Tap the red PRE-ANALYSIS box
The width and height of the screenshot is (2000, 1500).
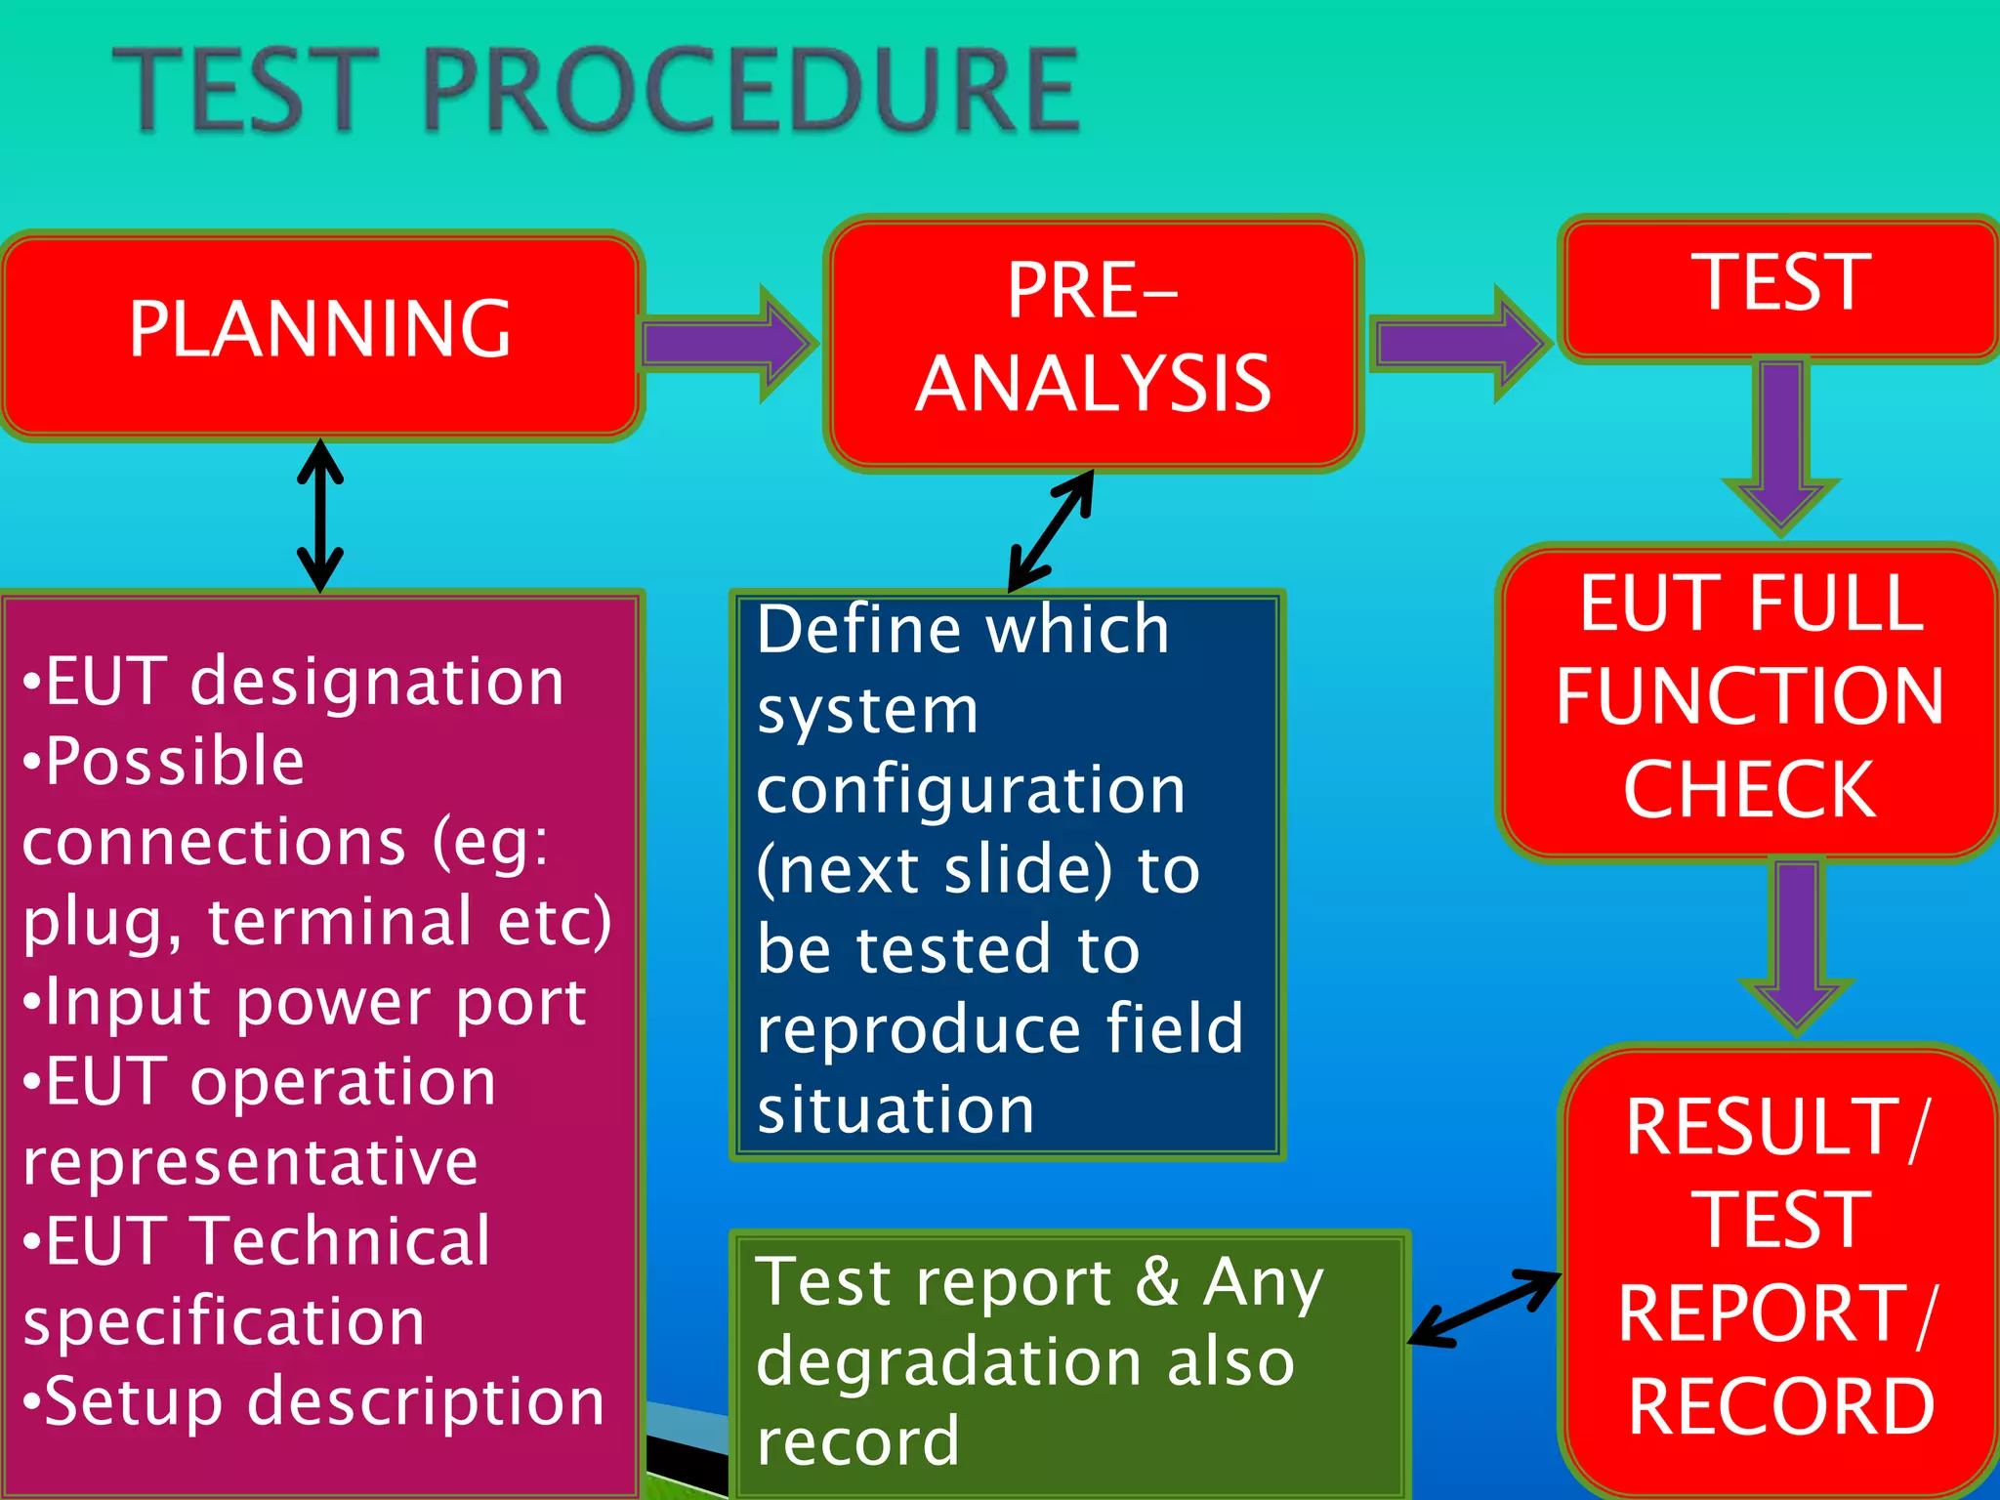(1094, 342)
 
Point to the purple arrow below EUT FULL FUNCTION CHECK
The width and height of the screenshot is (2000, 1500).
(1797, 942)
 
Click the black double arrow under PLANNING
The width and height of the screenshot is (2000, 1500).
(320, 516)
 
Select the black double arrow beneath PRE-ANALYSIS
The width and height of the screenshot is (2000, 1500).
(1051, 530)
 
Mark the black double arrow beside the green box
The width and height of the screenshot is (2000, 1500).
(1484, 1309)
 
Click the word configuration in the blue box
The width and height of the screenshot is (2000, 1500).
(971, 791)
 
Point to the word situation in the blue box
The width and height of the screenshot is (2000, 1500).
(896, 1111)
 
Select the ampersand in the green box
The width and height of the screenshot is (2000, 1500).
(1157, 1281)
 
